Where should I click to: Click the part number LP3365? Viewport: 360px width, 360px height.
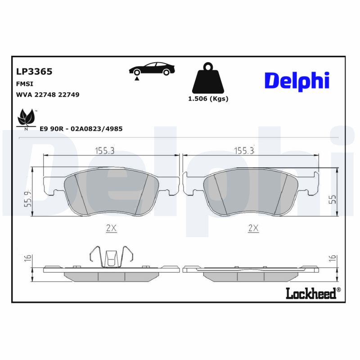[x=34, y=72]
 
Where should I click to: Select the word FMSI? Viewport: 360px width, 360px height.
[x=24, y=84]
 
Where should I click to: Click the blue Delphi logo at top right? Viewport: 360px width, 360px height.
[x=297, y=81]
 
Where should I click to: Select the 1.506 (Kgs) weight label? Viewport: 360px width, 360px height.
[x=208, y=99]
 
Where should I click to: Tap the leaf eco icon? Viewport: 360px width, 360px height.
[x=26, y=118]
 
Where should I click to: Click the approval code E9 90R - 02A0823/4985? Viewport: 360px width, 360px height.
[x=81, y=129]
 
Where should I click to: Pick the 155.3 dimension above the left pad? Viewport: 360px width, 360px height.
[x=104, y=151]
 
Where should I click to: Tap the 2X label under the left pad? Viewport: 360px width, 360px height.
[x=111, y=228]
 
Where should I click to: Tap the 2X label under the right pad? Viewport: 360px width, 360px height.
[x=253, y=228]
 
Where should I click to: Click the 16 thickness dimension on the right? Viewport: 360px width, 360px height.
[x=333, y=258]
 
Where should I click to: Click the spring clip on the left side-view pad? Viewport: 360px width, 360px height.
[x=111, y=257]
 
